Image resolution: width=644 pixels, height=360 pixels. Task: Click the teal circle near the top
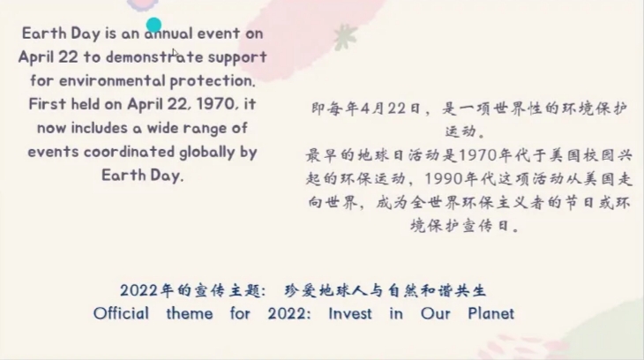[154, 25]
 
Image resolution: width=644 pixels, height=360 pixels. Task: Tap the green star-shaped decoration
[345, 37]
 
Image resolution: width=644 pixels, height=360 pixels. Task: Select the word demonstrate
[154, 56]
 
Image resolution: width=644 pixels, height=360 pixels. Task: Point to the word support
[237, 57]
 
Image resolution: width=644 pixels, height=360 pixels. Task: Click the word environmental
[112, 80]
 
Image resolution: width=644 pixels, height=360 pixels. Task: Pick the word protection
[213, 81]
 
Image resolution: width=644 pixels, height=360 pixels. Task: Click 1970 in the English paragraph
[217, 104]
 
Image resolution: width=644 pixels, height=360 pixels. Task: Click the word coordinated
[130, 152]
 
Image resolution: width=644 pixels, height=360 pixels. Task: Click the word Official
[121, 313]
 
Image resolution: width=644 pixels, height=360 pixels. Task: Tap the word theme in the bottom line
[190, 313]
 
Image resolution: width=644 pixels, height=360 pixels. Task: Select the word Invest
[350, 313]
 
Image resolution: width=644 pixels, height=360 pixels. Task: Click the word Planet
[490, 313]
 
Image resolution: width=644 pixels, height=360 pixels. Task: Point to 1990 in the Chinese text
[445, 179]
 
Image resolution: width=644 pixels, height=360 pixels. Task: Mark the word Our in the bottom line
[435, 313]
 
